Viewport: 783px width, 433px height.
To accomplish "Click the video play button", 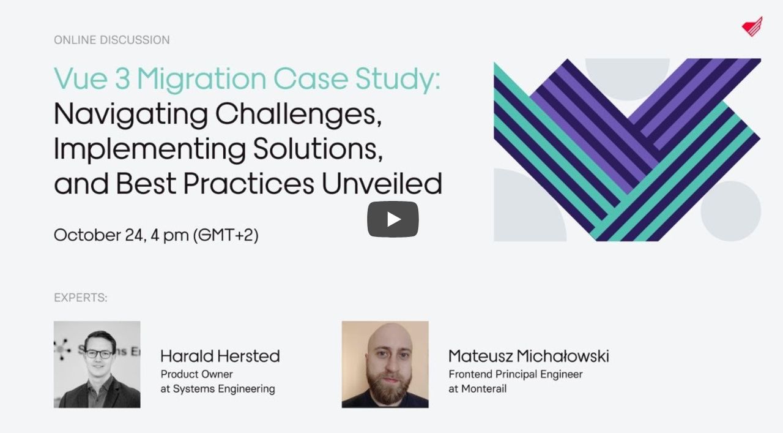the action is tap(393, 219).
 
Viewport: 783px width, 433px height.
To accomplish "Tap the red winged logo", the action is tap(752, 26).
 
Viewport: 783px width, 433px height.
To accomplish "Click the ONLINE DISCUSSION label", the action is tap(111, 40).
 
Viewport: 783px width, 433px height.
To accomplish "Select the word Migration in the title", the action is tap(201, 80).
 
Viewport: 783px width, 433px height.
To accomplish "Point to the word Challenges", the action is tap(298, 115).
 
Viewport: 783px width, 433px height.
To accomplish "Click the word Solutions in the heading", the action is tap(317, 149).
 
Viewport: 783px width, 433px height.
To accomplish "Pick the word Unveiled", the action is tap(382, 183).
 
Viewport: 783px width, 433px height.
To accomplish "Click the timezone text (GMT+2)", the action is tap(226, 235).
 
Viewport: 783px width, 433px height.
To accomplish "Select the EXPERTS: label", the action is tap(80, 298).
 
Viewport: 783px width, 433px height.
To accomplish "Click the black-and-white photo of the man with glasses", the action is tap(97, 364).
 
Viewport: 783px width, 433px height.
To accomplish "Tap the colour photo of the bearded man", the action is tap(385, 364).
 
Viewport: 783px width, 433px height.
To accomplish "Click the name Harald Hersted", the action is tap(220, 356).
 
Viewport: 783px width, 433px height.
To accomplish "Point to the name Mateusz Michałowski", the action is tap(529, 356).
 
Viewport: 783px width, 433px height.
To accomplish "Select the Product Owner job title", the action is tap(196, 374).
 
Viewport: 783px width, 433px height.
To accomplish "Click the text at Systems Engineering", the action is tap(218, 389).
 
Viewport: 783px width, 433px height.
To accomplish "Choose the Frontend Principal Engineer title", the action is tap(516, 375).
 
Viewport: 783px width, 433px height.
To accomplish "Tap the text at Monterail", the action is tap(478, 389).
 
